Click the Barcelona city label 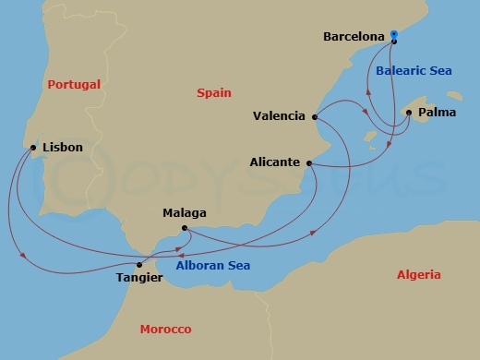click(354, 37)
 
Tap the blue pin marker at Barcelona click(393, 36)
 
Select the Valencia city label click(279, 116)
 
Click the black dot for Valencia click(316, 117)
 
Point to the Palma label click(436, 114)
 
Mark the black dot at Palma click(409, 113)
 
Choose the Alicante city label click(275, 162)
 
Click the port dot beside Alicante click(309, 163)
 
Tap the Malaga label click(184, 213)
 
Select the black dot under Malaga click(185, 228)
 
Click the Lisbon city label click(63, 147)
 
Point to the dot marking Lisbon click(33, 148)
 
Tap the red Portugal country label click(74, 85)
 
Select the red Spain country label click(214, 93)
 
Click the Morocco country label click(165, 330)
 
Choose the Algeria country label click(418, 275)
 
